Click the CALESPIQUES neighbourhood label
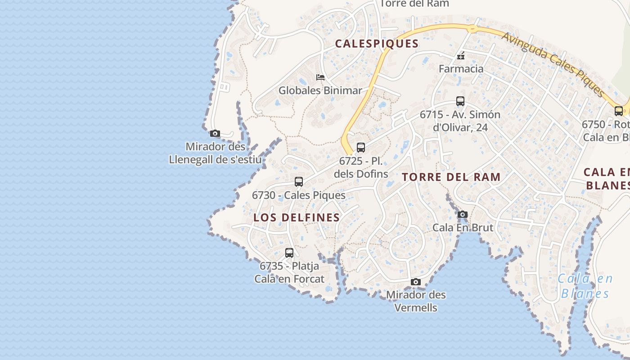point(377,44)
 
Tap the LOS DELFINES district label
point(297,217)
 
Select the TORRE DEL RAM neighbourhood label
point(451,177)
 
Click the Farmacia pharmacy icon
point(461,56)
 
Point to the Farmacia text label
point(461,69)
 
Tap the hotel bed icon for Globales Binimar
point(320,77)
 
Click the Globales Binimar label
point(320,90)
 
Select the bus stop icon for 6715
point(460,101)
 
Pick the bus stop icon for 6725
point(360,147)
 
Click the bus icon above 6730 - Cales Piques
point(298,182)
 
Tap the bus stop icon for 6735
point(289,253)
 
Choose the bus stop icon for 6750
point(619,111)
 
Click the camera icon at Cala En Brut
point(463,215)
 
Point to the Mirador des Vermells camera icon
point(416,282)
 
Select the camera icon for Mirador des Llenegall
point(215,134)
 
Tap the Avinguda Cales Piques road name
point(553,64)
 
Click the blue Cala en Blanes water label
point(585,286)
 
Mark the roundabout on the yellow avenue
point(472,29)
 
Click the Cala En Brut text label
point(463,228)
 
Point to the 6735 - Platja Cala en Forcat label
point(289,273)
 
